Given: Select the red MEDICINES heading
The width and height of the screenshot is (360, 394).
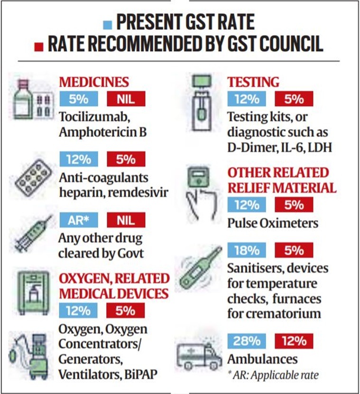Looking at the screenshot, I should (x=93, y=82).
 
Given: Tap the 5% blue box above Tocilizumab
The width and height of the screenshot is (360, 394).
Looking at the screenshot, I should (x=78, y=99).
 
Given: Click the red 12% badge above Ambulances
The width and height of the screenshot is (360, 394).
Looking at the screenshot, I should (x=294, y=341).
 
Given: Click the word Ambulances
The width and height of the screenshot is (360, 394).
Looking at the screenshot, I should (x=262, y=358).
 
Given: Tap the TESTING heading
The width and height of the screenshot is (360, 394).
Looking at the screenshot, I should (x=253, y=82).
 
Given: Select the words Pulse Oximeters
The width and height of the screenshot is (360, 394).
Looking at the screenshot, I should (x=273, y=222).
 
